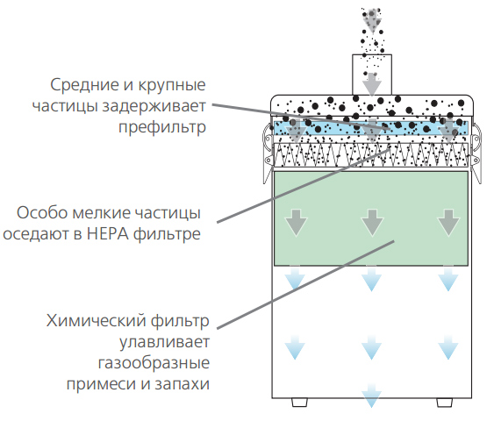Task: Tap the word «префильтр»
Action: click(x=162, y=127)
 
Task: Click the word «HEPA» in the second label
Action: click(x=107, y=234)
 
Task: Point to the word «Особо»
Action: click(x=42, y=213)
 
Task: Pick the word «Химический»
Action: click(x=97, y=321)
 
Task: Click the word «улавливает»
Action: click(x=164, y=342)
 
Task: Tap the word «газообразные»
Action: click(x=154, y=363)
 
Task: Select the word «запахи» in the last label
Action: click(x=183, y=384)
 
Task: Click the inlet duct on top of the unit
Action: click(x=372, y=75)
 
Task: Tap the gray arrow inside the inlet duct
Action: click(x=372, y=84)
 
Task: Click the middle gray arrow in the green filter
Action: click(x=372, y=223)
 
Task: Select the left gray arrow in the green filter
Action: click(x=296, y=223)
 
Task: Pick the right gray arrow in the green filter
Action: click(x=448, y=223)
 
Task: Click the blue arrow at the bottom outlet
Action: click(x=372, y=396)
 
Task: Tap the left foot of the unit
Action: click(x=299, y=403)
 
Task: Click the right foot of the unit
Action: click(x=445, y=403)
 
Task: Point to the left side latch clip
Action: click(x=267, y=153)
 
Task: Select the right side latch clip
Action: click(x=476, y=153)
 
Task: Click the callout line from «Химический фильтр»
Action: click(x=305, y=285)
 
